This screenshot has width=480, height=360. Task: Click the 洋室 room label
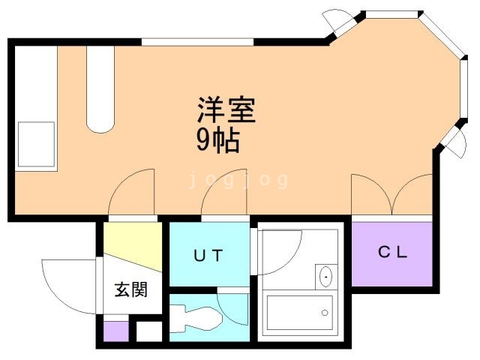click(x=226, y=110)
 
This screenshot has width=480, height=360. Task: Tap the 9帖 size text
click(x=217, y=141)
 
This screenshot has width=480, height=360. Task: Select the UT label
click(x=208, y=256)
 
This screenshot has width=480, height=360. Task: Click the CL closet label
click(x=392, y=252)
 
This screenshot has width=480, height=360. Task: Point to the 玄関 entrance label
click(x=131, y=289)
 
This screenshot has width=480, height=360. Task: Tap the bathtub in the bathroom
click(x=300, y=313)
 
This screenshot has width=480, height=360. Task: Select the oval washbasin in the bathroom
click(x=325, y=277)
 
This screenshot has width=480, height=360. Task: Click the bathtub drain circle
click(x=325, y=313)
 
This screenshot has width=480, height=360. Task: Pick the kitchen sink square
click(x=36, y=144)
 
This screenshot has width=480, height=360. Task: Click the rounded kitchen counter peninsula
click(x=100, y=89)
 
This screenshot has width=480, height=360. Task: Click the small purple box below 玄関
click(x=116, y=331)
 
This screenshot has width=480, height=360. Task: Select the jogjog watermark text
click(x=238, y=180)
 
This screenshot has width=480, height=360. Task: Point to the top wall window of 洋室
click(x=197, y=42)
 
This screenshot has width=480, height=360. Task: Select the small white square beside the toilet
click(x=148, y=331)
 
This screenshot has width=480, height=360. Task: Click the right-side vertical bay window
click(x=464, y=88)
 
